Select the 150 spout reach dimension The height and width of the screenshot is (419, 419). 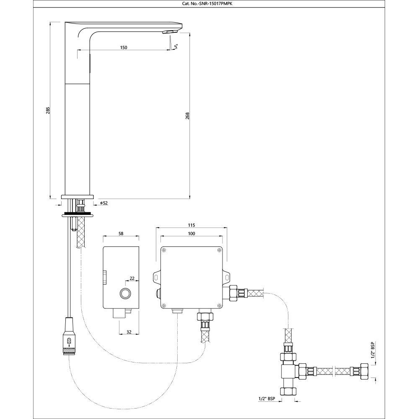coord(124,47)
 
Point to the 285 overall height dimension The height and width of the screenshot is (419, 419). coord(48,110)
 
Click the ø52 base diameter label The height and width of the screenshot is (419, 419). coord(104,203)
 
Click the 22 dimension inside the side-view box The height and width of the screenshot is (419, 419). coord(132,278)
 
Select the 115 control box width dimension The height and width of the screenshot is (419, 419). coord(192,225)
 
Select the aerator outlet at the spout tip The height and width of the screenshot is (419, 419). coord(170,32)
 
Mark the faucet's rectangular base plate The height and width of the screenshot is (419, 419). coord(78,196)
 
